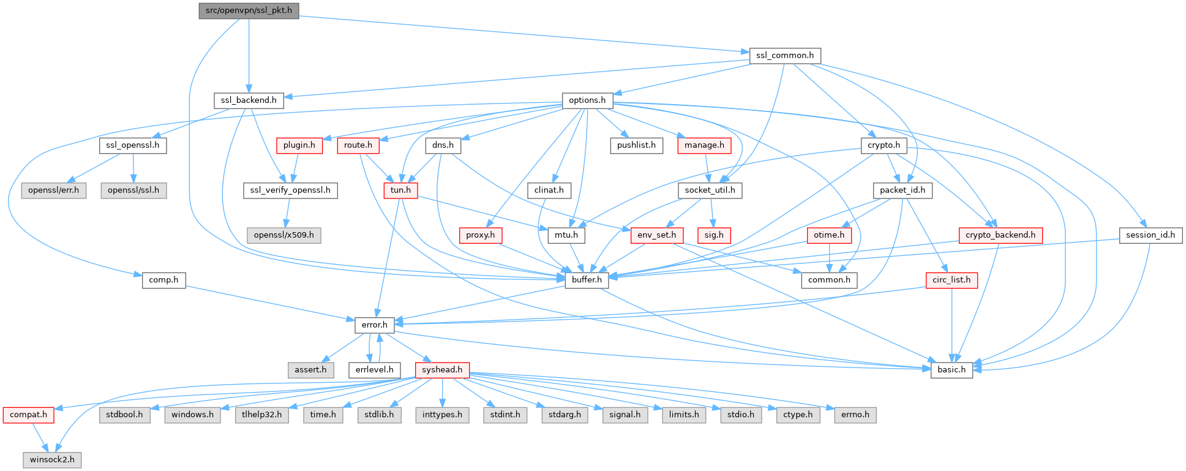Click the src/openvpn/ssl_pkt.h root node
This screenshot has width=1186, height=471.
(x=249, y=10)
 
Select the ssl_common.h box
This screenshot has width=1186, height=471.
(x=785, y=55)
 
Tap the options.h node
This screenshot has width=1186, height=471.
(x=587, y=100)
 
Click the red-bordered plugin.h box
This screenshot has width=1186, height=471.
(x=299, y=145)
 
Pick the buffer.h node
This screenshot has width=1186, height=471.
(x=587, y=280)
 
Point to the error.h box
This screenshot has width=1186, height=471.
(x=374, y=325)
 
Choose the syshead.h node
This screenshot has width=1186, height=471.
(x=442, y=370)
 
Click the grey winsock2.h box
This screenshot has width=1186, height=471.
(x=53, y=459)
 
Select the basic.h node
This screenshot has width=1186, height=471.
(x=951, y=370)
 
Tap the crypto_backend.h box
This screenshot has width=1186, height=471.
(x=1000, y=235)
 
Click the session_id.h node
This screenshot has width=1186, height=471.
(x=1150, y=235)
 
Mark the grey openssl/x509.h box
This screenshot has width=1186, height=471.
(x=284, y=235)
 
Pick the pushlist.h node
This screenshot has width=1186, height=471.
(x=636, y=145)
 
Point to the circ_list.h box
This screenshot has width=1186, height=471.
(x=951, y=280)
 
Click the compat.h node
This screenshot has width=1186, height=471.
(x=28, y=415)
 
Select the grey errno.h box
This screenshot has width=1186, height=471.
(x=855, y=415)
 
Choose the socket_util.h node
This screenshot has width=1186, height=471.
(x=710, y=190)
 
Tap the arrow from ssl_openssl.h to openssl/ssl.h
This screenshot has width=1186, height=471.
(x=133, y=168)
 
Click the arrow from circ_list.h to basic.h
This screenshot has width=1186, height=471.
(x=951, y=325)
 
